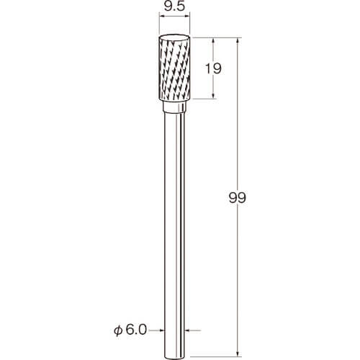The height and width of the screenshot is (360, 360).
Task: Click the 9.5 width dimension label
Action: tap(175, 6)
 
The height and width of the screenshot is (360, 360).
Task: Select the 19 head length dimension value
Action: tap(213, 68)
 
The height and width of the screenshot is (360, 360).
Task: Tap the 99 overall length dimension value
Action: tap(238, 198)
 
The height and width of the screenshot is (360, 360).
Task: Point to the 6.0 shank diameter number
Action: tap(136, 330)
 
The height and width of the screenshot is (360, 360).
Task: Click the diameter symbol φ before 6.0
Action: tap(118, 330)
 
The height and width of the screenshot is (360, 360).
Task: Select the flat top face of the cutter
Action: tap(175, 38)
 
